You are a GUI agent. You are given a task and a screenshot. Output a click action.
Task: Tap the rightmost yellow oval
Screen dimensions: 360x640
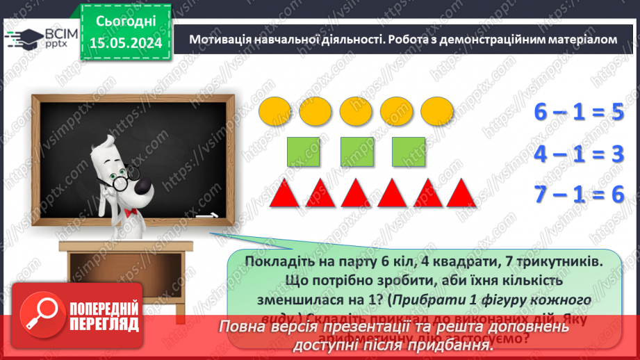(x=437, y=111)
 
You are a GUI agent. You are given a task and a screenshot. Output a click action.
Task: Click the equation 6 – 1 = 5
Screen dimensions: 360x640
(x=579, y=113)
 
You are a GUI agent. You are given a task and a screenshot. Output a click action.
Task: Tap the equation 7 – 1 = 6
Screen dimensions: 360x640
(x=579, y=194)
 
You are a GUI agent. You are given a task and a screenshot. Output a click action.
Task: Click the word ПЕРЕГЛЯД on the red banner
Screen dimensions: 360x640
(x=104, y=324)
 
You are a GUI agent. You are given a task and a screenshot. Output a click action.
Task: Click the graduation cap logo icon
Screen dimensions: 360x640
(x=24, y=36)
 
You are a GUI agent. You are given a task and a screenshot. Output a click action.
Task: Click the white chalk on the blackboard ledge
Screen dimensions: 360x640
(x=206, y=217)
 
